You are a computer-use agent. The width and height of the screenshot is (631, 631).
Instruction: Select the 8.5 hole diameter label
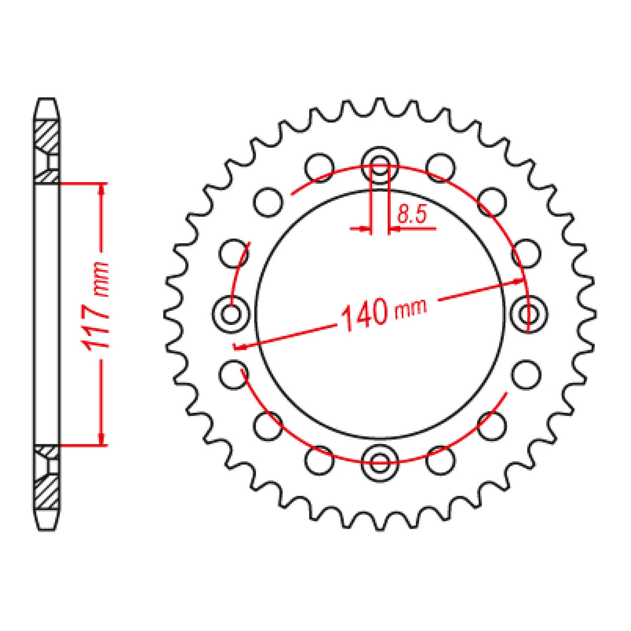(412, 214)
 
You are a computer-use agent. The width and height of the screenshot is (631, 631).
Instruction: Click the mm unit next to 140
(411, 308)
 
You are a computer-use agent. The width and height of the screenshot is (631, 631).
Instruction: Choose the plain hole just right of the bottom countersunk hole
(441, 459)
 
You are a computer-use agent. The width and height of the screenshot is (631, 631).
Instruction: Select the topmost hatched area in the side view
(46, 134)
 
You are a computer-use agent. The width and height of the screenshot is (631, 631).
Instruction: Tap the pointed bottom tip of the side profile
(47, 529)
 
